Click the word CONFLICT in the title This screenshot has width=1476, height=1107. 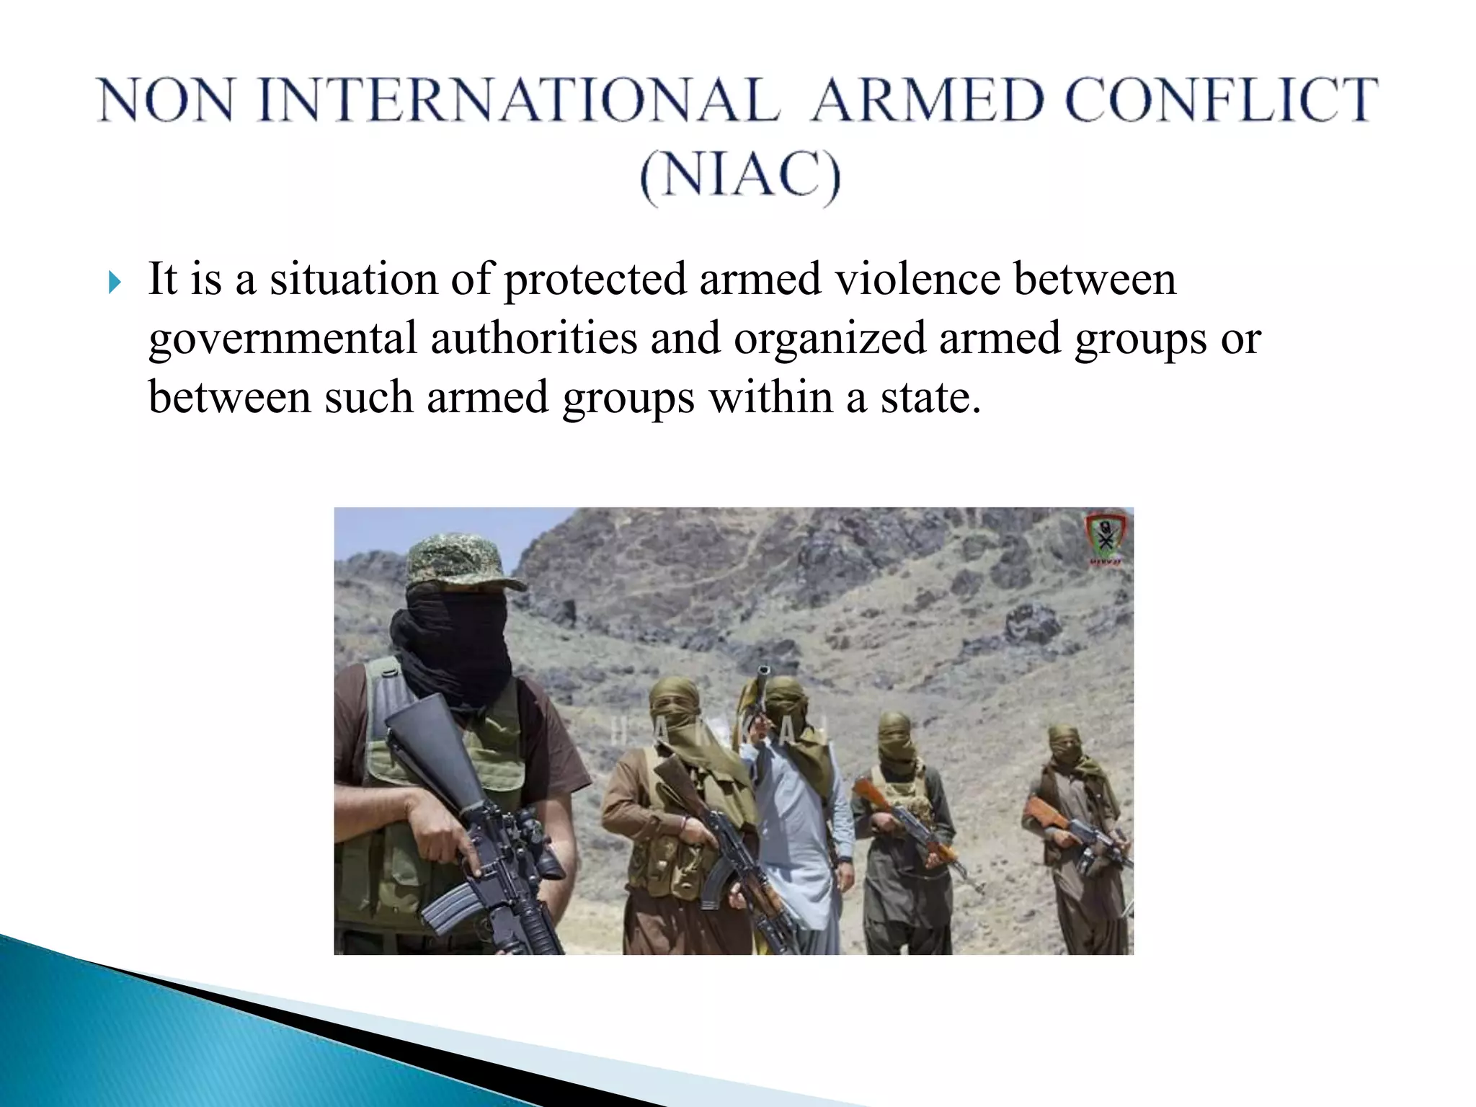(x=1221, y=100)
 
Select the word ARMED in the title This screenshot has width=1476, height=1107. (x=927, y=100)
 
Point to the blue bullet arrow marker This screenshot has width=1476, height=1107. (x=114, y=283)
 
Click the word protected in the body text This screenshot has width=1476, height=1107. (x=595, y=280)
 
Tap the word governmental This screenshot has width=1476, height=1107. (x=283, y=339)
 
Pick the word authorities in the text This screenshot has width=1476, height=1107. (x=534, y=339)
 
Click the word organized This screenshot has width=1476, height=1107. (x=830, y=339)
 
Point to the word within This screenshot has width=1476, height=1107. (x=770, y=398)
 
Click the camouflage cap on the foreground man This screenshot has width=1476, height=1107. (x=461, y=562)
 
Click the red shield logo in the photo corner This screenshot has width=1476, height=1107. (x=1103, y=538)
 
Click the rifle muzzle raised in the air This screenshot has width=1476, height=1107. (x=763, y=673)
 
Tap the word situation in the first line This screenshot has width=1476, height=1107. (x=353, y=280)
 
